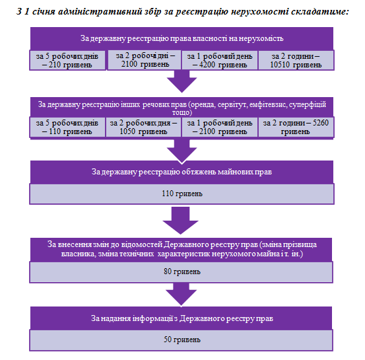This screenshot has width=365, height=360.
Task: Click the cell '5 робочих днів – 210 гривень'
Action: [67, 60]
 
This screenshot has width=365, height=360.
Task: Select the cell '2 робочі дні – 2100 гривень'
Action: [145, 60]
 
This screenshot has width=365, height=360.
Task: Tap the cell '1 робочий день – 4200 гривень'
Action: [220, 60]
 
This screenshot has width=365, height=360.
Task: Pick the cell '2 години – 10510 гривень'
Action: [296, 60]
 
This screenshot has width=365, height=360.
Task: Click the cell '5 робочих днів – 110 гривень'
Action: [67, 127]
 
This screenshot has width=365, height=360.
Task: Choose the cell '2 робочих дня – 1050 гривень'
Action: [143, 127]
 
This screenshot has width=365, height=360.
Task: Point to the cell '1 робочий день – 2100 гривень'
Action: [220, 127]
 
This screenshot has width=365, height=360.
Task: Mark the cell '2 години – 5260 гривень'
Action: [296, 127]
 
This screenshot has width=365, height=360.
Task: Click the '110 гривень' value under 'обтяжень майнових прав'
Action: [182, 194]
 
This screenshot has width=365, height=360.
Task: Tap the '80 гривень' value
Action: [182, 272]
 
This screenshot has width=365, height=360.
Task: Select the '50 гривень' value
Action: [182, 340]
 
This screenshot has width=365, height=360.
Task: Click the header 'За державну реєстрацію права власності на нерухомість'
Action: [182, 38]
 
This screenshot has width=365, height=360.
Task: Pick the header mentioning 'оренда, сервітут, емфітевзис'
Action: [182, 107]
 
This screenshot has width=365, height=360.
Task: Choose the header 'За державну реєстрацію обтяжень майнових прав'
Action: [182, 172]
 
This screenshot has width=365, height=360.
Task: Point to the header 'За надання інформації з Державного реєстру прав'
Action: [182, 318]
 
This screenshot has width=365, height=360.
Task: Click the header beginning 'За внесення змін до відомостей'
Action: [182, 249]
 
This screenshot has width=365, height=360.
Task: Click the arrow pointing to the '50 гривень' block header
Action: [182, 294]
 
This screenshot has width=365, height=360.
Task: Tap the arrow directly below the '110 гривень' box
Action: [181, 220]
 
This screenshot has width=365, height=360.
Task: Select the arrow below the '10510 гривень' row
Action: [182, 81]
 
